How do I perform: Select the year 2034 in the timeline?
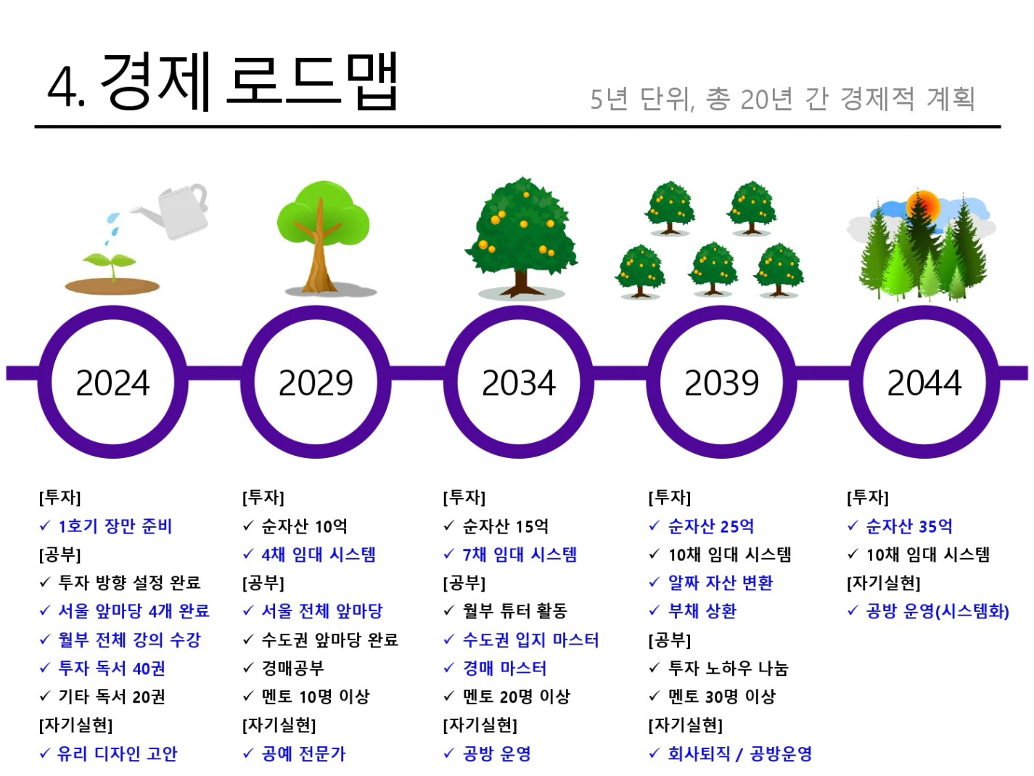519,383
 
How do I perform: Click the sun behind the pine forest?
922,205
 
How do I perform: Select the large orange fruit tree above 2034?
521,238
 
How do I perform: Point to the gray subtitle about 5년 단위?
782,99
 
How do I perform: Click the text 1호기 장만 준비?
115,526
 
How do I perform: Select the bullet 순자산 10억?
304,526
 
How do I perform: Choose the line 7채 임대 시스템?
520,554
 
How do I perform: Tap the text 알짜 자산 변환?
721,582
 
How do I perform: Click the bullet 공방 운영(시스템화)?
937,611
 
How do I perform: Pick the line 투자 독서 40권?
111,668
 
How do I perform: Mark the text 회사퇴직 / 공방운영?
740,753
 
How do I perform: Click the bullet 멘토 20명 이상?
517,696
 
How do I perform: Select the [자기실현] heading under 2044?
884,583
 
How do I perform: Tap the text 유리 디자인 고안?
118,753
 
